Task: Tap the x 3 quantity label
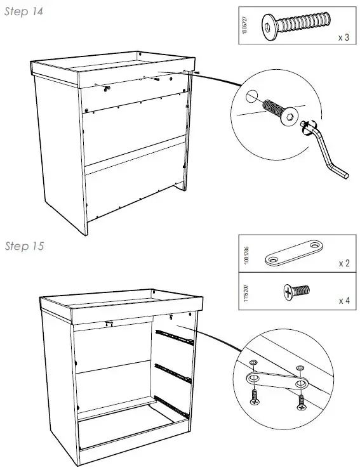(x=343, y=38)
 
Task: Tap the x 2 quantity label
(x=343, y=263)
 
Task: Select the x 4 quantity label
(x=343, y=299)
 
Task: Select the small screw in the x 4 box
(x=295, y=291)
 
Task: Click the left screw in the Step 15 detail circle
(x=254, y=398)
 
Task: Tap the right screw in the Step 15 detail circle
(x=300, y=401)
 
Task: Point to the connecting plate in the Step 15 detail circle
(x=277, y=382)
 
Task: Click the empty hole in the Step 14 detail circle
(x=252, y=96)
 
